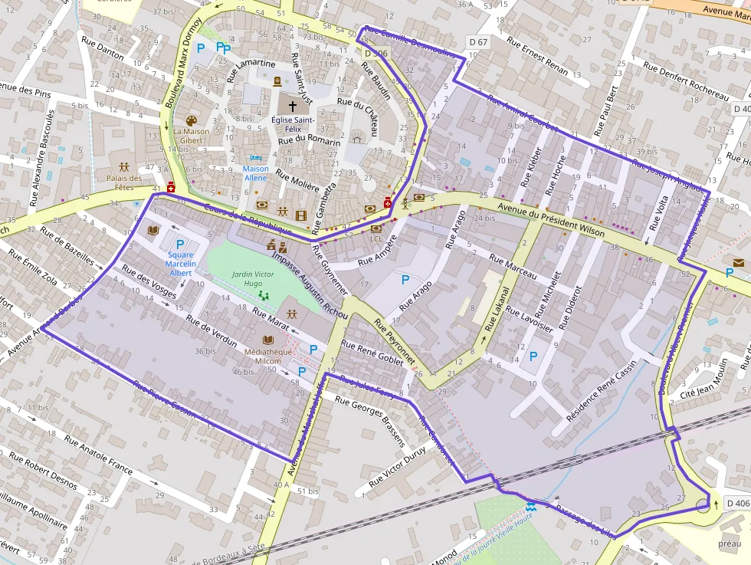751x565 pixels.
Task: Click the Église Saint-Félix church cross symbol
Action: click(x=292, y=106)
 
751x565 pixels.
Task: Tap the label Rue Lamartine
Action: click(x=251, y=70)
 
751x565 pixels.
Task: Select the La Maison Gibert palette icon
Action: click(x=191, y=121)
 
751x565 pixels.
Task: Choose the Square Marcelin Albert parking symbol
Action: click(x=181, y=244)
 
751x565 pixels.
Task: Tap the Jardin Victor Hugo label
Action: click(x=253, y=278)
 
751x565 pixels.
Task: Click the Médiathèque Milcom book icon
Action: click(x=268, y=340)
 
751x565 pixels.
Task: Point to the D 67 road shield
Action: click(x=477, y=42)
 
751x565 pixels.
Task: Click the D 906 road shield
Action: click(x=376, y=53)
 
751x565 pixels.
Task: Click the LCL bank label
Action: click(x=375, y=238)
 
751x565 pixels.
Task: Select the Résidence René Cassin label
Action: click(x=601, y=391)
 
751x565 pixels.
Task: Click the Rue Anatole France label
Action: click(x=98, y=455)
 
